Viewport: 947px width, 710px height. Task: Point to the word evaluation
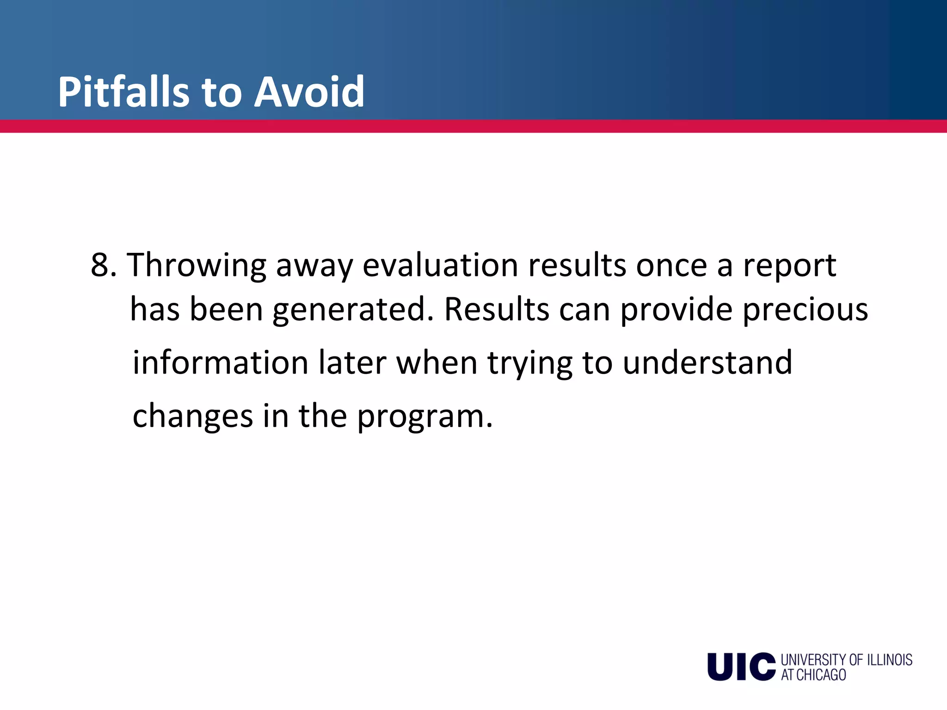click(x=440, y=265)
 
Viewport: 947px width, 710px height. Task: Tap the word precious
click(x=805, y=310)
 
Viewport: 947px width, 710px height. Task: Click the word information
click(x=220, y=362)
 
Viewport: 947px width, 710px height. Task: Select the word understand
click(x=707, y=362)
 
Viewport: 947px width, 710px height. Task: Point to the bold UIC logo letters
click(x=741, y=667)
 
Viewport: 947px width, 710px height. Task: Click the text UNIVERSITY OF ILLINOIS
click(x=846, y=660)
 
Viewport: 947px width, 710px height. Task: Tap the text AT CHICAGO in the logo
click(x=813, y=675)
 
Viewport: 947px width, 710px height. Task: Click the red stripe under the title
click(x=473, y=126)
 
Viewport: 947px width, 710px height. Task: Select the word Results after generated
click(x=497, y=310)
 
